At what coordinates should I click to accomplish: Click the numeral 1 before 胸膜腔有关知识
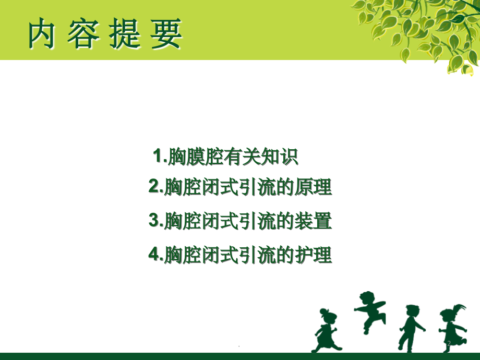[158, 155]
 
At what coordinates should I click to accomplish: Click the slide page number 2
[448, 343]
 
